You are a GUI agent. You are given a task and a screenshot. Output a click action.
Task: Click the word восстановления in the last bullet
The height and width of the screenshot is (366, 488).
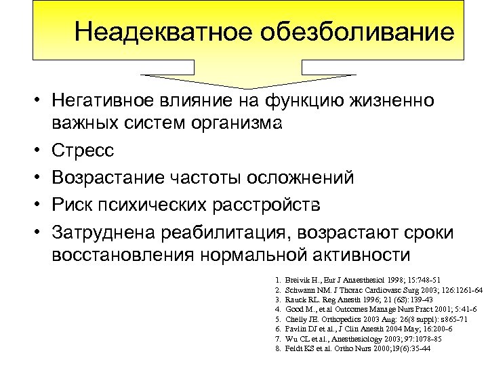click(x=123, y=255)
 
